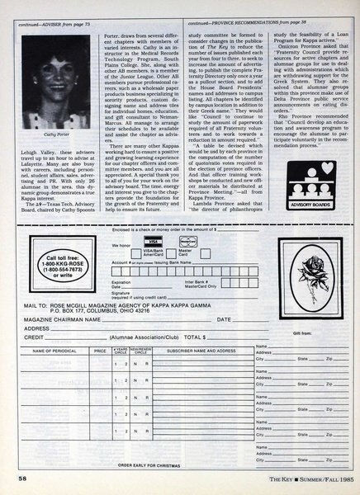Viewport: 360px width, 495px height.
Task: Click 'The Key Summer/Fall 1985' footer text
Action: click(292, 478)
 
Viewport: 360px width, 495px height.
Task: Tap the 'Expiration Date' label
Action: click(133, 280)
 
